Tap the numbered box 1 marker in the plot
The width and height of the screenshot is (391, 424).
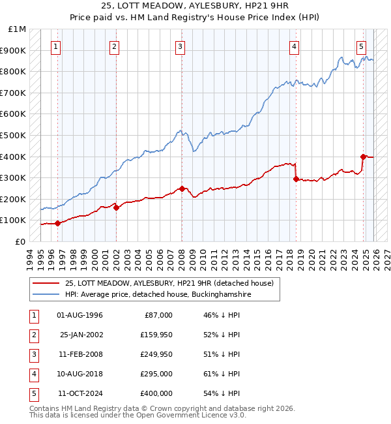[56, 46]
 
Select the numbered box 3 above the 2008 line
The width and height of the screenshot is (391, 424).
[179, 46]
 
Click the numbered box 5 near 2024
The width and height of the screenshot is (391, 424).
[361, 46]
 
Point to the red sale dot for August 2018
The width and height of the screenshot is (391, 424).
[296, 178]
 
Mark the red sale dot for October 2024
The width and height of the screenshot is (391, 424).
[363, 157]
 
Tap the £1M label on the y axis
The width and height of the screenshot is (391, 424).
[18, 29]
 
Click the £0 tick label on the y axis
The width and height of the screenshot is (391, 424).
[20, 241]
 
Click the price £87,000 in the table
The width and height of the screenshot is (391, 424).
[157, 315]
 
